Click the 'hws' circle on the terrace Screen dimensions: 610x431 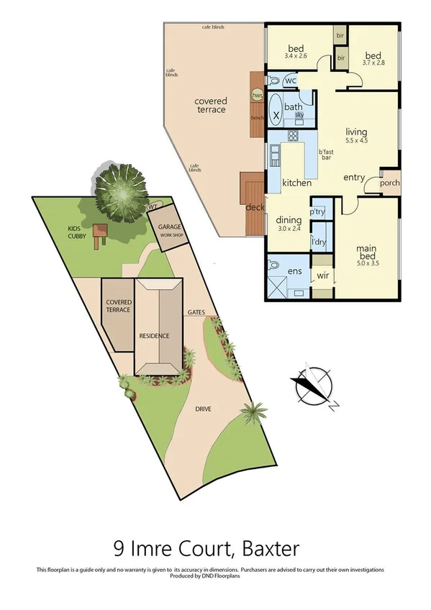click(256, 96)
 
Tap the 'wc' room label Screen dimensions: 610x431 click(291, 81)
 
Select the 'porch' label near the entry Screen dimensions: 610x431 click(389, 182)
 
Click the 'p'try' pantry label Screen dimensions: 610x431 click(317, 212)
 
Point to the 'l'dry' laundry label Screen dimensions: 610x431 click(317, 242)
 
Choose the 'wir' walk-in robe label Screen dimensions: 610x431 click(322, 276)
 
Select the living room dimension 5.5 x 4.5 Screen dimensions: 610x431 click(356, 141)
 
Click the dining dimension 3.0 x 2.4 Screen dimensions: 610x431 click(289, 229)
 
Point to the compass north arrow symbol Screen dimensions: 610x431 click(314, 388)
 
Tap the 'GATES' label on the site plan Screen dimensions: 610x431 click(196, 312)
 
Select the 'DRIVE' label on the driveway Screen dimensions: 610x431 click(204, 409)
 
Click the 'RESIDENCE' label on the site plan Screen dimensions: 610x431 click(154, 336)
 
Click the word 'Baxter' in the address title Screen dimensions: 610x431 click(272, 550)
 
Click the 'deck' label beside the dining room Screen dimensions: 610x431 click(255, 207)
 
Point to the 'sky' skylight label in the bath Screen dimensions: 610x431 click(298, 115)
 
